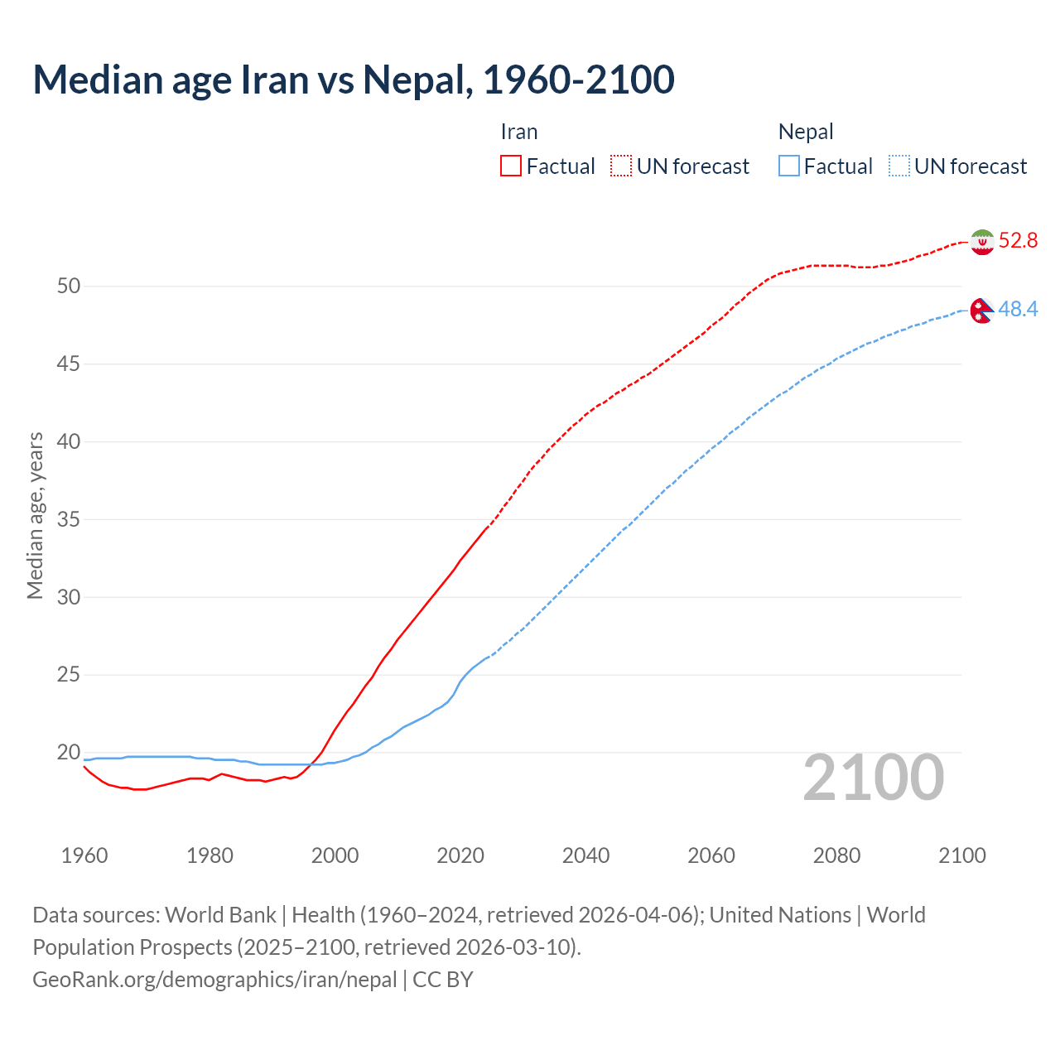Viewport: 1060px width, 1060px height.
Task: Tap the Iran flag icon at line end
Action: (x=982, y=242)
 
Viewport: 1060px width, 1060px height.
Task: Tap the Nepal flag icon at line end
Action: (x=982, y=311)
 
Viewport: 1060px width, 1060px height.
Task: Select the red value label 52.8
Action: (x=1018, y=241)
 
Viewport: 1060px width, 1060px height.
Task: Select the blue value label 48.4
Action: (x=1018, y=310)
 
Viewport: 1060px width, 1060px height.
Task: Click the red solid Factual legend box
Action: (x=511, y=166)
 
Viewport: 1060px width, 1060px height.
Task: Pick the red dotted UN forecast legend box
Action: (x=621, y=166)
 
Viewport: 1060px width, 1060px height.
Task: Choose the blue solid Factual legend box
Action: (x=789, y=166)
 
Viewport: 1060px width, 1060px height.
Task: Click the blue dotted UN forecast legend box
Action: (x=899, y=166)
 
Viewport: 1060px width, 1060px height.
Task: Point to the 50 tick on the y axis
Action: (x=69, y=287)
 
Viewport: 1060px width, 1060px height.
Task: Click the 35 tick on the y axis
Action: (x=69, y=520)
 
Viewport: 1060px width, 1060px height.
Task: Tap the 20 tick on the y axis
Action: (x=69, y=753)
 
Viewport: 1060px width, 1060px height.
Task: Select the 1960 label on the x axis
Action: (x=84, y=855)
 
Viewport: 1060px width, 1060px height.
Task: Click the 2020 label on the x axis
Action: (x=460, y=855)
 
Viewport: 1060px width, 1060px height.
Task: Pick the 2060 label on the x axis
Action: (x=711, y=855)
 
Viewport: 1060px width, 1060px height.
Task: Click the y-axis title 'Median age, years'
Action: (x=35, y=515)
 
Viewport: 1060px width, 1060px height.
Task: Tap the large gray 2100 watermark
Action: (x=874, y=778)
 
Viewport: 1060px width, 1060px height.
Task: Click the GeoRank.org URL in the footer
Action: (x=214, y=980)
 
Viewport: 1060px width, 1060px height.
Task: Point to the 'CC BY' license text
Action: (x=443, y=980)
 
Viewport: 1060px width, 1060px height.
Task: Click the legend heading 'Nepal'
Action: (x=806, y=132)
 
